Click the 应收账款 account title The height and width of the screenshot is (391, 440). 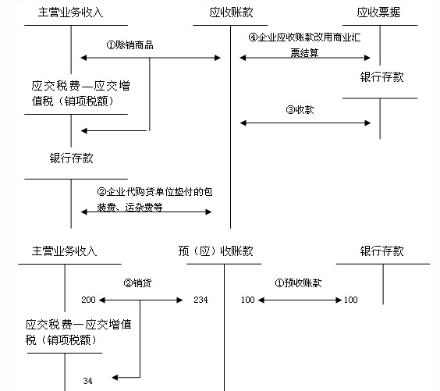click(x=231, y=12)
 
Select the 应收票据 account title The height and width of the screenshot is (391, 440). click(x=378, y=12)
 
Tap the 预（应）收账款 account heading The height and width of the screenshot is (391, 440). click(x=216, y=251)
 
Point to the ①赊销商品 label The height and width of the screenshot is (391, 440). click(x=130, y=45)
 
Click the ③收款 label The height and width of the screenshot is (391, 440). click(x=300, y=109)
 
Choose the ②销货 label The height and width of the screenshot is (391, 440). click(x=137, y=283)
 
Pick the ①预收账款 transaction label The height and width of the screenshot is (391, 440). click(x=298, y=283)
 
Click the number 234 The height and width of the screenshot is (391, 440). click(x=200, y=300)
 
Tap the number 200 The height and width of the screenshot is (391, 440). click(x=88, y=300)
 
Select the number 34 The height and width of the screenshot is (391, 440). click(x=87, y=381)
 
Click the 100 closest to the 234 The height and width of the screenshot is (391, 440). click(x=248, y=300)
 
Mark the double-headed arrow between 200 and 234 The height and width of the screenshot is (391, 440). click(x=141, y=300)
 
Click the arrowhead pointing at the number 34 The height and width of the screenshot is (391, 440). click(x=115, y=378)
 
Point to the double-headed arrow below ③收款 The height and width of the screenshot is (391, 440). click(x=305, y=123)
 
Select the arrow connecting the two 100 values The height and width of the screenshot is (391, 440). click(x=300, y=300)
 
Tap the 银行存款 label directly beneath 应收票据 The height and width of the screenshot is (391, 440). click(x=382, y=77)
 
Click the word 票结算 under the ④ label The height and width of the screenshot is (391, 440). click(x=304, y=52)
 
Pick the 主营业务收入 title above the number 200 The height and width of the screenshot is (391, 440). click(x=64, y=251)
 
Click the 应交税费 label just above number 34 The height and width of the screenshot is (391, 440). click(x=78, y=332)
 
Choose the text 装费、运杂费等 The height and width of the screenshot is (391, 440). click(x=130, y=208)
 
